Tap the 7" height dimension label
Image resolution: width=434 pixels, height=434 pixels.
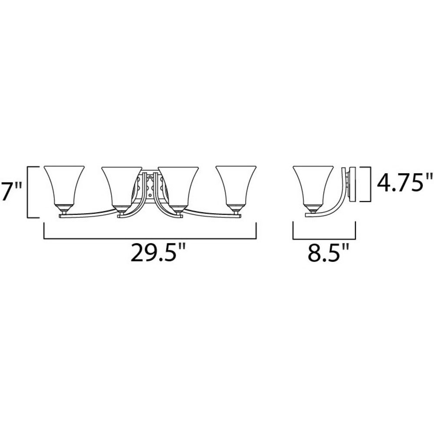pyautogui.click(x=11, y=191)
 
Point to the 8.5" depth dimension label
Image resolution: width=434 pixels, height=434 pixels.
pyautogui.click(x=327, y=252)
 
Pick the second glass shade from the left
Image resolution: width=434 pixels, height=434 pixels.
pyautogui.click(x=122, y=186)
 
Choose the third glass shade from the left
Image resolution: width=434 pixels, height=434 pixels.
pyautogui.click(x=178, y=186)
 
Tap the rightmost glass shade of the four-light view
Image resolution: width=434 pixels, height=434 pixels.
pyautogui.click(x=236, y=185)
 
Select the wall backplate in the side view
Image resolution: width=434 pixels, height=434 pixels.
pyautogui.click(x=352, y=184)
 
